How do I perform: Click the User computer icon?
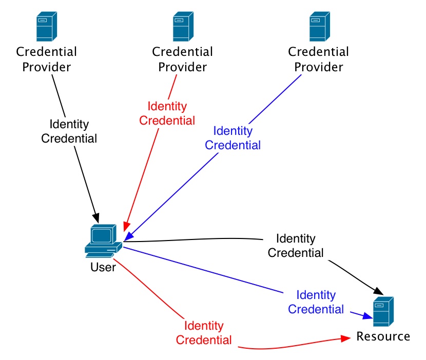click(103, 241)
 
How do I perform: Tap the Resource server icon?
click(383, 312)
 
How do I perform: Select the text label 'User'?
click(103, 267)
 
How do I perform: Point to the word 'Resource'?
click(383, 336)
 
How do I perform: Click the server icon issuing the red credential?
click(183, 27)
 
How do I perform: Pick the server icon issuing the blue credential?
click(319, 27)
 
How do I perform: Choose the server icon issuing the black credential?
click(46, 27)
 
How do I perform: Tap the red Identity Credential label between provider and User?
click(167, 113)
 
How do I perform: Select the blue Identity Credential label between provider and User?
click(233, 138)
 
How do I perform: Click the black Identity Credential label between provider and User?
click(69, 131)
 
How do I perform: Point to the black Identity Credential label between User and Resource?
click(296, 246)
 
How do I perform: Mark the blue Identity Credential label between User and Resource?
click(316, 302)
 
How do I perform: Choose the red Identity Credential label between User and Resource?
click(204, 333)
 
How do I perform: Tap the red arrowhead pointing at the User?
click(125, 227)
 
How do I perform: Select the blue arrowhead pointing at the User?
click(128, 236)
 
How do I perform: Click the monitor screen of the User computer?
click(101, 235)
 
